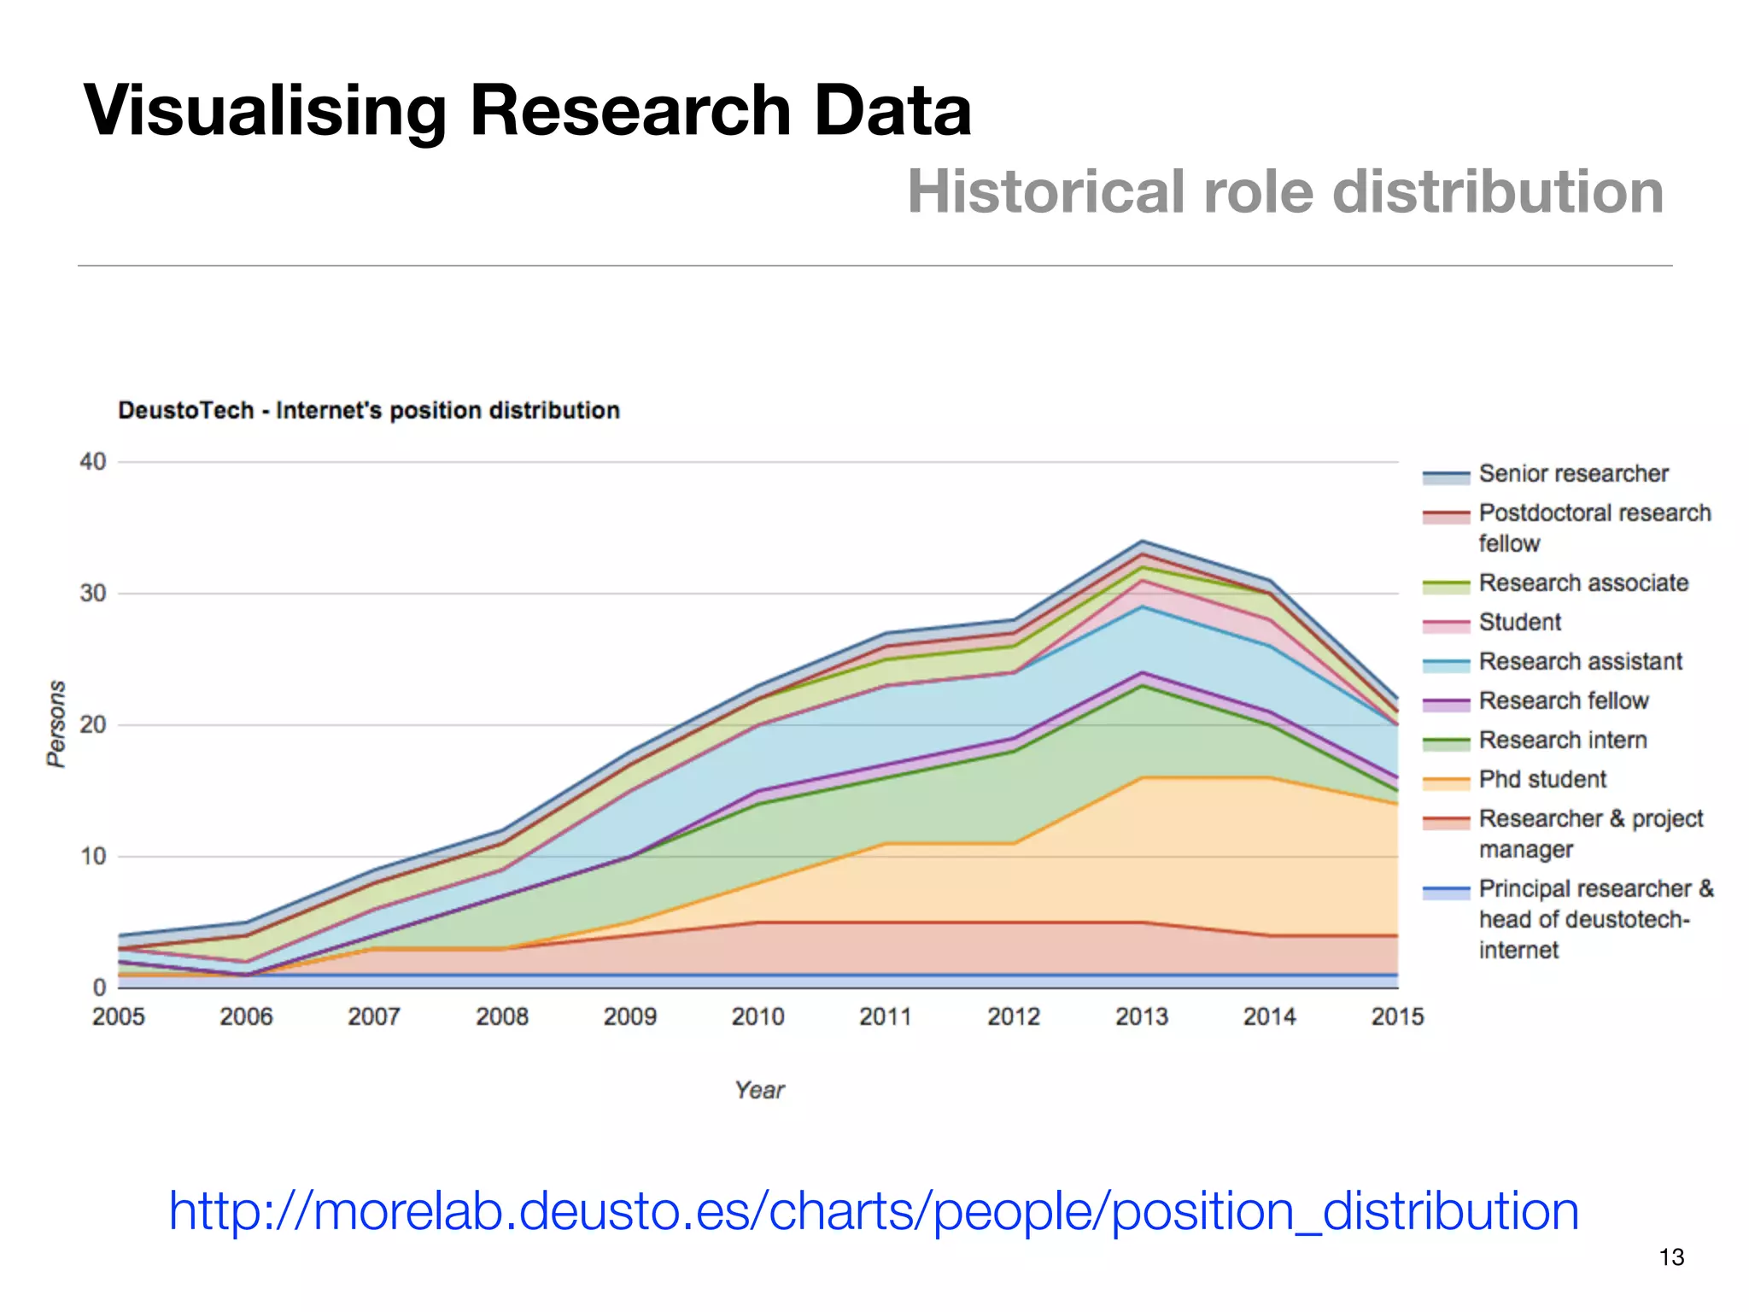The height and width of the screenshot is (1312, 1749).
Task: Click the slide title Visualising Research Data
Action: click(528, 111)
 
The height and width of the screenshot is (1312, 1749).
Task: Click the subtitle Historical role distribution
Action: click(1285, 191)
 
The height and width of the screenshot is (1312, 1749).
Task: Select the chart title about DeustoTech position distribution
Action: click(368, 411)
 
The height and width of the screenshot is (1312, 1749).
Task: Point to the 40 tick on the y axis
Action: click(92, 462)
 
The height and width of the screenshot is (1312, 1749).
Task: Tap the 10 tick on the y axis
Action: click(92, 857)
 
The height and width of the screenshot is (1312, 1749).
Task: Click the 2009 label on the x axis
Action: click(629, 1016)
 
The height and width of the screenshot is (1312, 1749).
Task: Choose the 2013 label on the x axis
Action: click(1141, 1016)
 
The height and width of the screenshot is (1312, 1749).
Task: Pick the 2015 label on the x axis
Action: click(1397, 1016)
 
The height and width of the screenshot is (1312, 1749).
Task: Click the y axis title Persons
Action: click(56, 723)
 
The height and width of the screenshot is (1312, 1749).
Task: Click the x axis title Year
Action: click(758, 1090)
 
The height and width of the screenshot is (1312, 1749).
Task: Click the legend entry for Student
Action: click(1519, 623)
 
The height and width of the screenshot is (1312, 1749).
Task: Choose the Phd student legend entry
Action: click(1541, 780)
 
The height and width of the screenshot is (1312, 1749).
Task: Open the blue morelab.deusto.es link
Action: click(873, 1211)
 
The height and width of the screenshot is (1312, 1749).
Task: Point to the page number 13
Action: click(1671, 1257)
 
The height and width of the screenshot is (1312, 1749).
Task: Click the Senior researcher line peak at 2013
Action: click(1142, 542)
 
